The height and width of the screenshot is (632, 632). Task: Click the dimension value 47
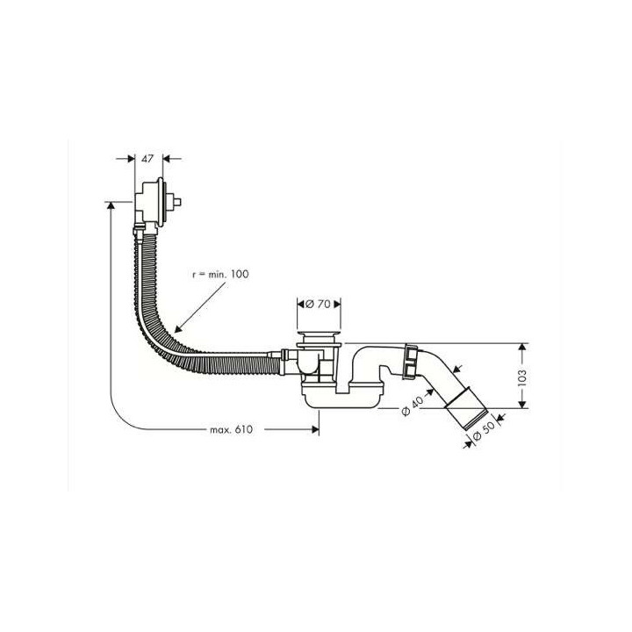tap(147, 159)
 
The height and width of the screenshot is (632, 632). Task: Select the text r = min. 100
tap(220, 275)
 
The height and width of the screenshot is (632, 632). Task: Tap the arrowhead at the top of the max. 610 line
tap(110, 205)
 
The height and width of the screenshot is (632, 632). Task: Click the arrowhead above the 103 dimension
tap(522, 346)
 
